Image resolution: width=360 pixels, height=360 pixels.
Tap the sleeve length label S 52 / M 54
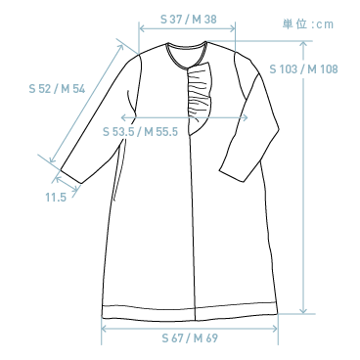pos(57,88)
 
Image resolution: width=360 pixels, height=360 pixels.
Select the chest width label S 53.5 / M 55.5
pos(140,132)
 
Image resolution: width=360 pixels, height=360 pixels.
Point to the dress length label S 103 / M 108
pos(302,69)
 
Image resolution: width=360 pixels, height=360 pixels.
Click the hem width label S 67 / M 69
pos(189,338)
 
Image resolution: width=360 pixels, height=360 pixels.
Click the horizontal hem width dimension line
pos(189,327)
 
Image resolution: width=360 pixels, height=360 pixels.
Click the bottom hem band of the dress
pos(189,310)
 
